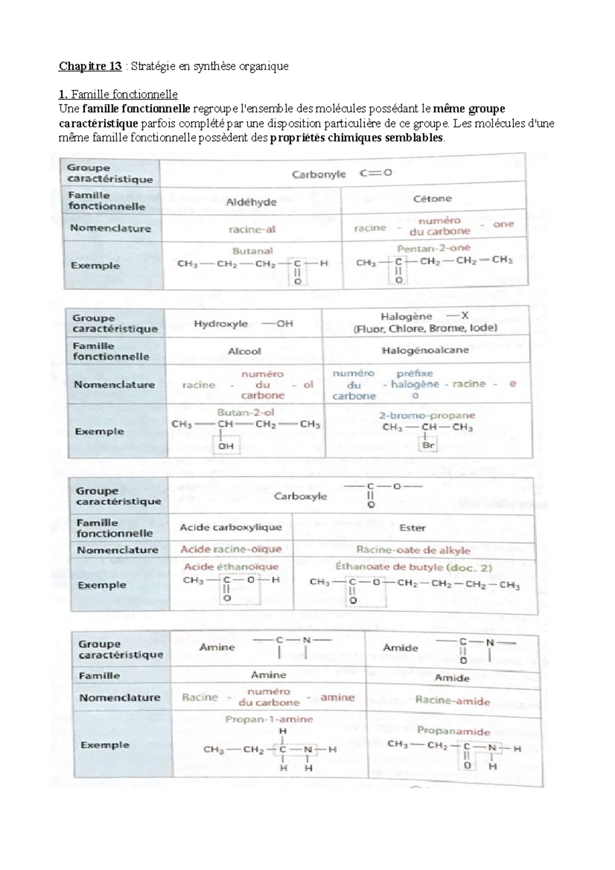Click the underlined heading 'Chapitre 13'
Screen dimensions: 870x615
90,66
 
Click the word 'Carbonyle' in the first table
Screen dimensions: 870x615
319,174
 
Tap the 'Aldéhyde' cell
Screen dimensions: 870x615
251,202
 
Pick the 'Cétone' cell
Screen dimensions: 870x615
433,198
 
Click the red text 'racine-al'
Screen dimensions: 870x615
252,230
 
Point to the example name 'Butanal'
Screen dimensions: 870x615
252,251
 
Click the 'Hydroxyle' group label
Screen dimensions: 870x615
221,324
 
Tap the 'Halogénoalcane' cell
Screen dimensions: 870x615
425,350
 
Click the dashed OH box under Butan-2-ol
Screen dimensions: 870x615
226,446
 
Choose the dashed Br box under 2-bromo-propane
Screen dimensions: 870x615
428,445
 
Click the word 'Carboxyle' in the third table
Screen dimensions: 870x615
300,496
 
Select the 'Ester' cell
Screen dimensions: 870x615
413,528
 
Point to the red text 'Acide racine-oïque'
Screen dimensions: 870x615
231,549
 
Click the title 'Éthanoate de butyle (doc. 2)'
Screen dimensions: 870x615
414,567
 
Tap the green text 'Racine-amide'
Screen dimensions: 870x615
453,700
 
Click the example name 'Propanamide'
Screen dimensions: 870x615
453,731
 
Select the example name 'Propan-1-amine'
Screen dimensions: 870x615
269,719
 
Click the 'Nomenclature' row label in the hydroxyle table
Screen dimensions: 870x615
114,385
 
